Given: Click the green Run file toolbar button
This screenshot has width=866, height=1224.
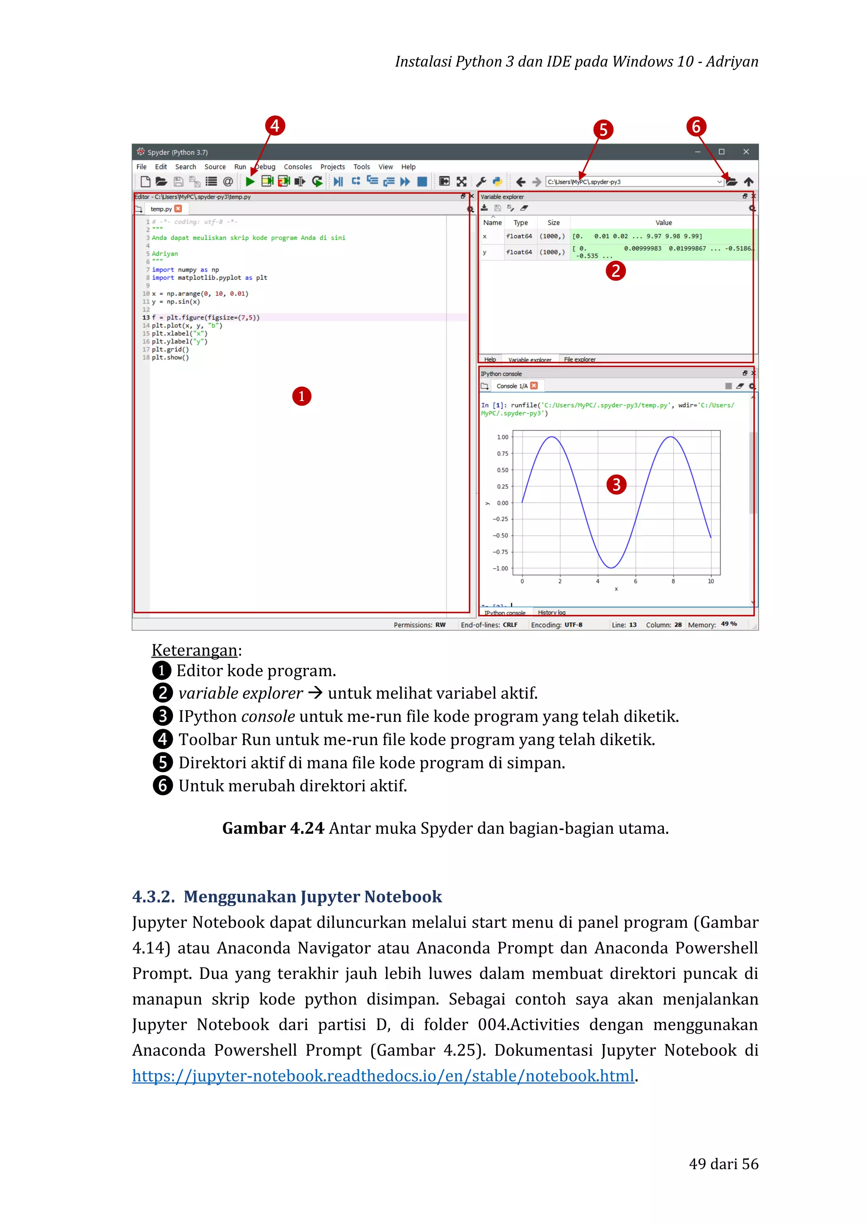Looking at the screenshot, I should click(250, 182).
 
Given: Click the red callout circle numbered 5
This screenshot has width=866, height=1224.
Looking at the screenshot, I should click(603, 130).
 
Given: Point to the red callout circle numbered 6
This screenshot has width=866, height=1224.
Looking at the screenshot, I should click(696, 127).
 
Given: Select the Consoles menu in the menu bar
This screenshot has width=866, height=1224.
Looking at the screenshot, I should click(298, 167).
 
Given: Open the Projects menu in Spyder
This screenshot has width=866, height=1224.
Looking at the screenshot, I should click(332, 167).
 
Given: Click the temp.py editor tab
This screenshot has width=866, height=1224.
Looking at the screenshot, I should click(161, 209).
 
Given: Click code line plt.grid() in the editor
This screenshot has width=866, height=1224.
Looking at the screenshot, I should click(170, 350).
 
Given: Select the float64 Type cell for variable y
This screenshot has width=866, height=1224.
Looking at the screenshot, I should click(519, 252).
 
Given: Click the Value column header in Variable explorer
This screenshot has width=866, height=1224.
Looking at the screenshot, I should click(663, 223).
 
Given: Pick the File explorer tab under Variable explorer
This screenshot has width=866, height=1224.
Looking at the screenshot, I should click(580, 359).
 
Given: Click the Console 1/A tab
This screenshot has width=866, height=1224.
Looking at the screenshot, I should click(511, 386).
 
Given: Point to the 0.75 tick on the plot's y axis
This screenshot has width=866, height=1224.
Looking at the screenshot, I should click(502, 454).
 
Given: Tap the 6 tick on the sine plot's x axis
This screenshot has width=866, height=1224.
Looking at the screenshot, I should click(635, 582).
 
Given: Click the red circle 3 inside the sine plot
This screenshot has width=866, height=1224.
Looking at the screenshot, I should click(617, 485).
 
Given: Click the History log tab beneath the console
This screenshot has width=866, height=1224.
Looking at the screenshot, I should click(551, 612).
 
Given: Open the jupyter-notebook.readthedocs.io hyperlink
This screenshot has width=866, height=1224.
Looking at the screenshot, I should click(383, 1076).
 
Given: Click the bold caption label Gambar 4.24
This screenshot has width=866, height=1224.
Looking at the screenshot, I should click(273, 828).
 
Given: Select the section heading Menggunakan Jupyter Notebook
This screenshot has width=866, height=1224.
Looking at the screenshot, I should click(312, 897).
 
